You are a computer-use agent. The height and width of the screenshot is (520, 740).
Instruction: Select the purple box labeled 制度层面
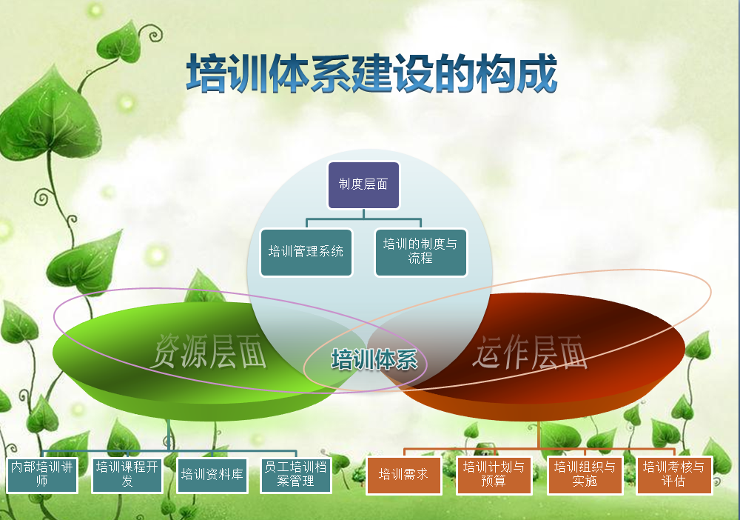pos(363,184)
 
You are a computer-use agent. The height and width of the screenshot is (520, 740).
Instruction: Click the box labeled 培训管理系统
pos(306,252)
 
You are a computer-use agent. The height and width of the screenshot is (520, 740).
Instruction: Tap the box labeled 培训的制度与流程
pos(420,252)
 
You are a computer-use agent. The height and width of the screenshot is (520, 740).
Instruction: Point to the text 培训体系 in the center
pos(374,360)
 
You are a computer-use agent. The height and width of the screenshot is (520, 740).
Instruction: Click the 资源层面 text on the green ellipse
pos(209,351)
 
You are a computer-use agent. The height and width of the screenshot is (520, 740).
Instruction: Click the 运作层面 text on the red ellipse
pos(530,351)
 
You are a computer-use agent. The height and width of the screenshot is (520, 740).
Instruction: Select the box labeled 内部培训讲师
pos(42,475)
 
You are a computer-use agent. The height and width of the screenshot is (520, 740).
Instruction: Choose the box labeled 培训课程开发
pos(127,475)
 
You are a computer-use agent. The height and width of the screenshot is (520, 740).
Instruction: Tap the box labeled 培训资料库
pos(212,475)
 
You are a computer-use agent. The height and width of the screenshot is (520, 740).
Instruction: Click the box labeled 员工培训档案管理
pos(296,475)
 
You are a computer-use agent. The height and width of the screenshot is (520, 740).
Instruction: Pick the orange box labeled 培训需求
pos(403,475)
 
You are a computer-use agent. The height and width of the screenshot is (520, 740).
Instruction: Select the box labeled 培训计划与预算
pos(494,475)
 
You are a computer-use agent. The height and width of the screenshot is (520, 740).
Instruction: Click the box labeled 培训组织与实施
pos(585,475)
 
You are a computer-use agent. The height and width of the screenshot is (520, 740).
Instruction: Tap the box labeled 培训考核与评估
pos(674,475)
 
